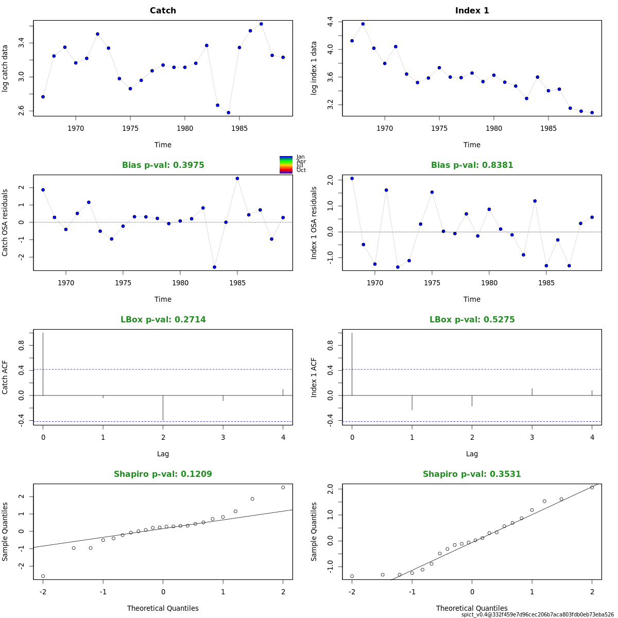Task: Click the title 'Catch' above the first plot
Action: pos(163,11)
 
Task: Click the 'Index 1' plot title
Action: pos(472,11)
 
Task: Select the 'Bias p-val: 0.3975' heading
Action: pos(163,165)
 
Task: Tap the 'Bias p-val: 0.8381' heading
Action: pos(472,165)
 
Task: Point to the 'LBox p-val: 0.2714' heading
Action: pos(163,320)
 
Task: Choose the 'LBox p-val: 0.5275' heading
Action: pos(472,320)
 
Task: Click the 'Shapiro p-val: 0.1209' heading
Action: pos(163,474)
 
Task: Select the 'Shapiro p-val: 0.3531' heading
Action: pos(472,474)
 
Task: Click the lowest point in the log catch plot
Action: pos(228,113)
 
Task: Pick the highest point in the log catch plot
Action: pos(261,24)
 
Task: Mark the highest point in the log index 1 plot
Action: pos(363,24)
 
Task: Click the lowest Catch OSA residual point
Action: pos(214,267)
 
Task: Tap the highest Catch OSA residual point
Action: pos(237,178)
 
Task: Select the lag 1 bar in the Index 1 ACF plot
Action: pos(412,402)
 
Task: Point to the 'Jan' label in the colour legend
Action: pos(301,157)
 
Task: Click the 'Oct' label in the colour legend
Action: pos(301,170)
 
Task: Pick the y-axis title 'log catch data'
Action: pos(5,68)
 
